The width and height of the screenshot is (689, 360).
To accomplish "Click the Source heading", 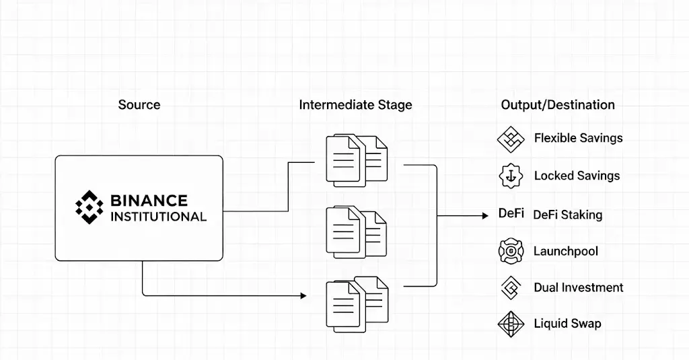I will pos(139,105).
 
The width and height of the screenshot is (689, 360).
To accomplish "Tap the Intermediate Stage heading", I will pos(355,105).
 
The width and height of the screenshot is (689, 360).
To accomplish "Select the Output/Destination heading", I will pos(558,105).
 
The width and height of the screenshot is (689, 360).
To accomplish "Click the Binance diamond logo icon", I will pos(89,207).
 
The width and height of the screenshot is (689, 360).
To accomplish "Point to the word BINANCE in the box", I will pos(149,201).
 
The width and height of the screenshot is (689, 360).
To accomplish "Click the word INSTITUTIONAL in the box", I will pos(157,217).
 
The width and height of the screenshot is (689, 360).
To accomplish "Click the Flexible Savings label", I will pos(578,139).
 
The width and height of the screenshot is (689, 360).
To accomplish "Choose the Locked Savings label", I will pos(577,176).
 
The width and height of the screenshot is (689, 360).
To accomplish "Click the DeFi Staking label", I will pos(567,215).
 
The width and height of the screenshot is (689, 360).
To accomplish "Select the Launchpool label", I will pos(566,252).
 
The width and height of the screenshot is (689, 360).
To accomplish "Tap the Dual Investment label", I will pos(578,288).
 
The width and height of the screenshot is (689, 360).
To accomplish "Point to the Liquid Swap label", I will pos(567,324).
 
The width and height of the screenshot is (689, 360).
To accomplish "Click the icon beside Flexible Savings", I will pos(510,139).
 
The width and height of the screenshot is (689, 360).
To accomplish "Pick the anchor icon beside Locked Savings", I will pos(511,176).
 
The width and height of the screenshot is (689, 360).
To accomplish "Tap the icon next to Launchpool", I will pos(511,252).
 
